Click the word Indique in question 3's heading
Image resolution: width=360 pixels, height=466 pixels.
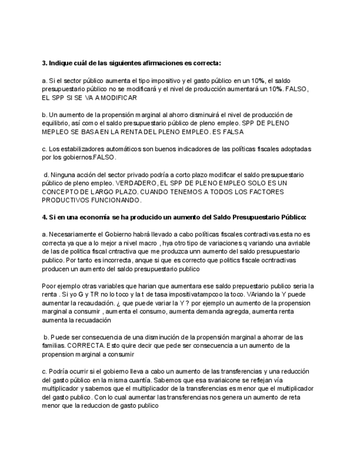point(63,63)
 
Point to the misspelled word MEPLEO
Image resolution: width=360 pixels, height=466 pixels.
point(56,132)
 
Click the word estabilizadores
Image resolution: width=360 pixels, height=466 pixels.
point(78,149)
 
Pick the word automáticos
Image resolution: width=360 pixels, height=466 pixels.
point(123,149)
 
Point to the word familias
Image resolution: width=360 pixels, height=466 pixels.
point(53,346)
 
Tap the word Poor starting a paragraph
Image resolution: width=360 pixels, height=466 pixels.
point(50,286)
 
